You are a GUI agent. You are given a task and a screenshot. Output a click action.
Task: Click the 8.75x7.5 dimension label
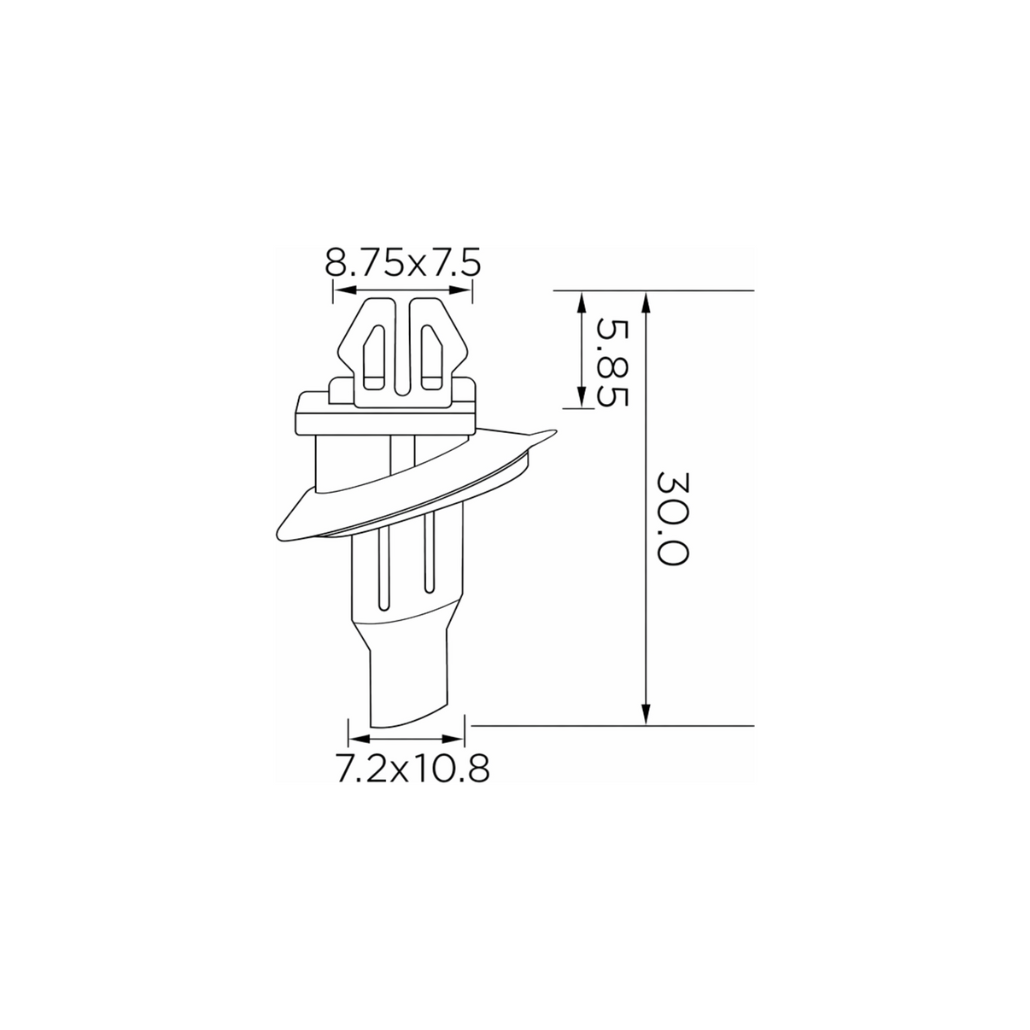403,262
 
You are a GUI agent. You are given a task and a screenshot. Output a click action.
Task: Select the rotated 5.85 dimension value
612,363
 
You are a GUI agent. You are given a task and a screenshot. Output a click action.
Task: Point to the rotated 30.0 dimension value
672,518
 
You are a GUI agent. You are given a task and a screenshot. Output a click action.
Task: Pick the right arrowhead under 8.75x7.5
460,290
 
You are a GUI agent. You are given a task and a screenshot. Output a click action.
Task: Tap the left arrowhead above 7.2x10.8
360,739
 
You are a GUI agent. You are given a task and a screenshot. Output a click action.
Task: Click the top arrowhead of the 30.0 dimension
647,302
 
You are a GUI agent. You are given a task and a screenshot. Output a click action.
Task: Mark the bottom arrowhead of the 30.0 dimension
647,714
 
